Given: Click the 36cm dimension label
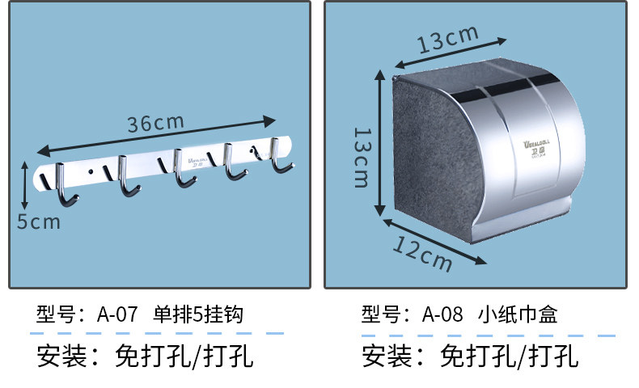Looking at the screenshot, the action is (x=156, y=124).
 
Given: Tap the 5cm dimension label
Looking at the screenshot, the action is (x=39, y=221).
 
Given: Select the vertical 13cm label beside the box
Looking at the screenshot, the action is (x=361, y=157).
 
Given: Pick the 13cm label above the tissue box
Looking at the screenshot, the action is (x=448, y=38).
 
